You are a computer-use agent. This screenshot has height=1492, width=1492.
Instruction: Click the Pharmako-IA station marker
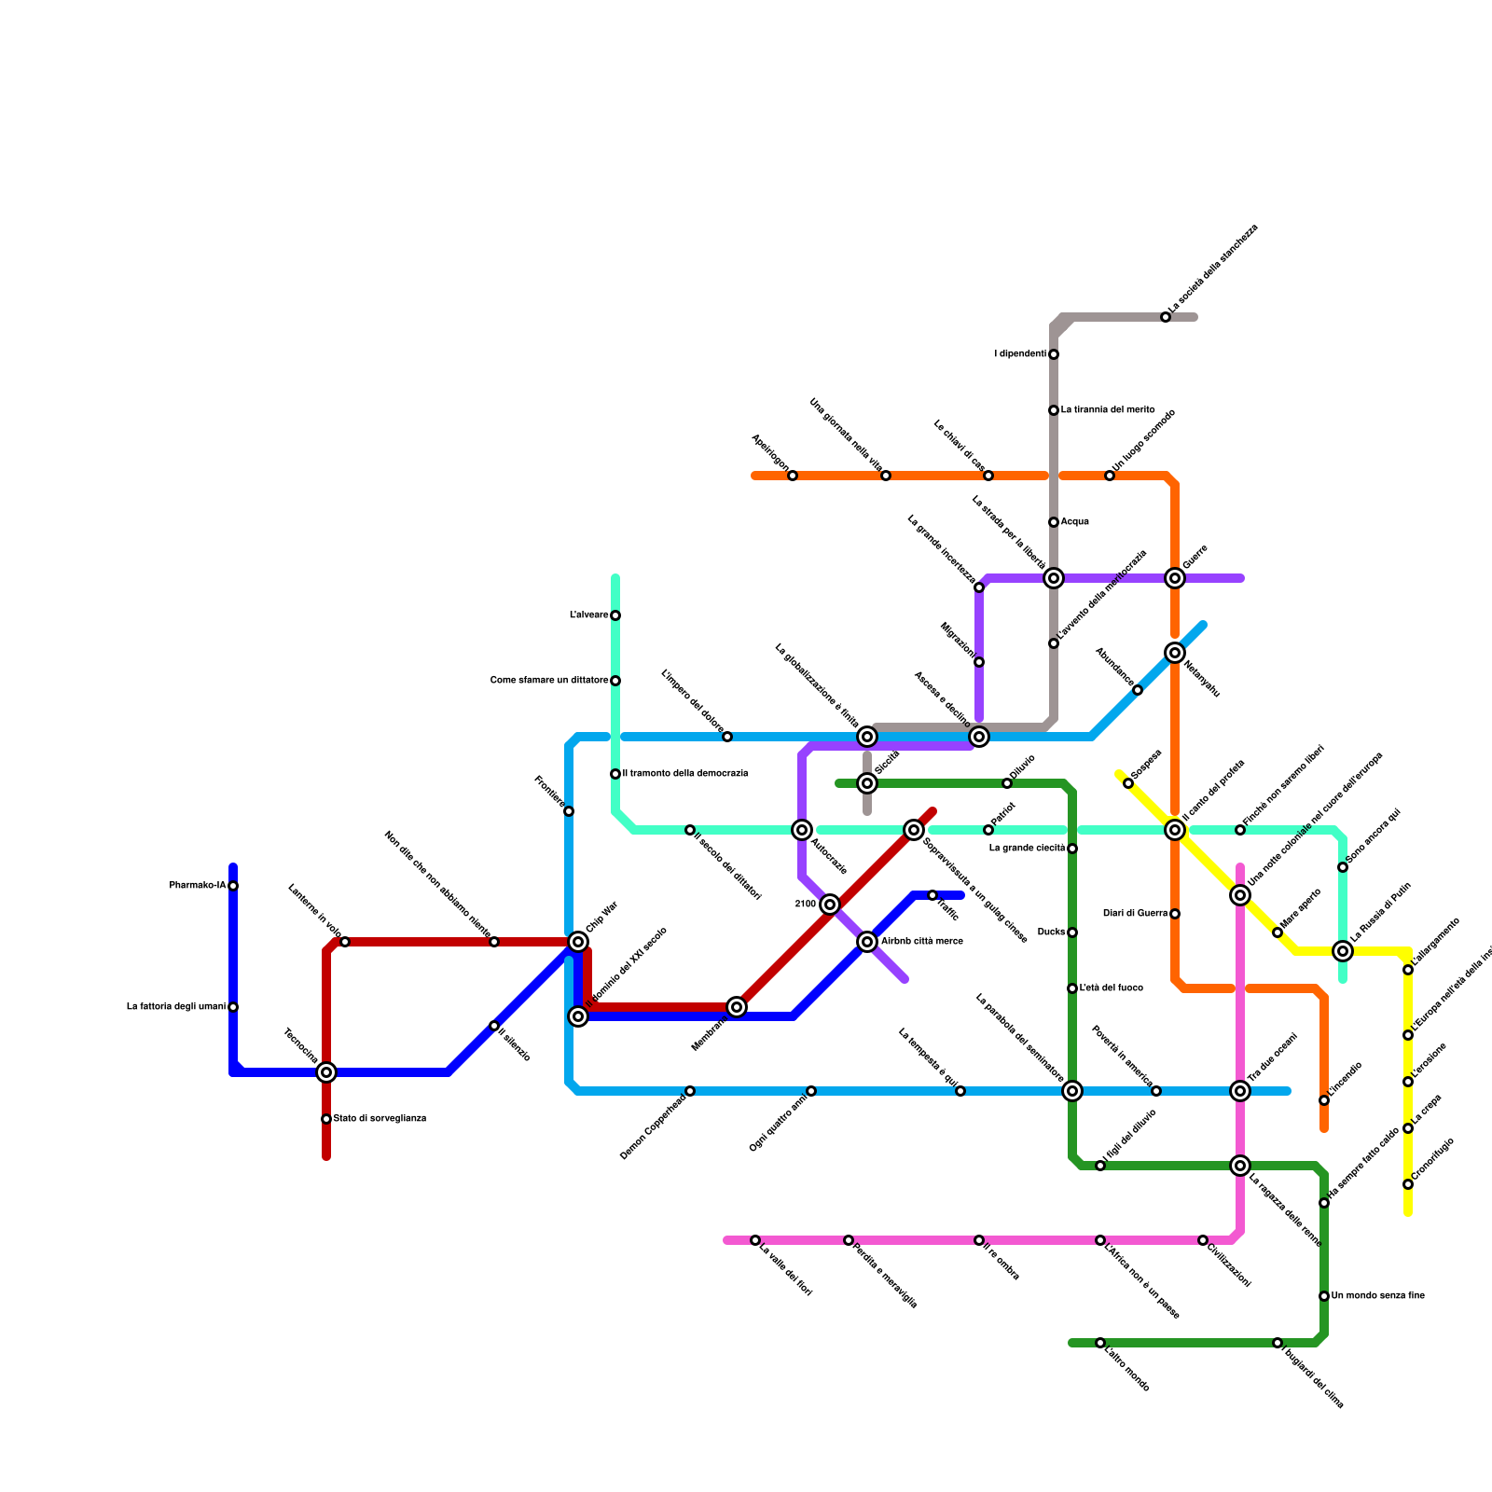click(233, 886)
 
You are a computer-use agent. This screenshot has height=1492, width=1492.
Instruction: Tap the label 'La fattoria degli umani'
click(176, 1007)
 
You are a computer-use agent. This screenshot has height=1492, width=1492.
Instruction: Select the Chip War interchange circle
click(578, 942)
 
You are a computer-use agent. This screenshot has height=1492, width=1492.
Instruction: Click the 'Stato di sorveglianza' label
click(380, 1119)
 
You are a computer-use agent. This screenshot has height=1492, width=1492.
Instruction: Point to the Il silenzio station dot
click(494, 1026)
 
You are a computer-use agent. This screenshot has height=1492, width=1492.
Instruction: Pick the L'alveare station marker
click(615, 615)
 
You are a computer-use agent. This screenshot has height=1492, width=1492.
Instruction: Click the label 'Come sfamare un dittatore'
click(549, 681)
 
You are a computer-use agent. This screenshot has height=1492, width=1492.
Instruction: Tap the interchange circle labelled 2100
click(830, 905)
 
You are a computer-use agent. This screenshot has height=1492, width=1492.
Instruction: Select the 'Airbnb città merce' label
click(921, 942)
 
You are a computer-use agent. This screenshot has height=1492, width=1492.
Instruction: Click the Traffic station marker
click(932, 895)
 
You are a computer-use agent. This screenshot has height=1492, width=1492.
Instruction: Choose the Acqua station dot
click(1054, 522)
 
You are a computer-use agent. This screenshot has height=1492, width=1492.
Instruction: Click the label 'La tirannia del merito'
click(1108, 410)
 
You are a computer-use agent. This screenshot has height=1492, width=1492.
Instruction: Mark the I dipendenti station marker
click(1054, 354)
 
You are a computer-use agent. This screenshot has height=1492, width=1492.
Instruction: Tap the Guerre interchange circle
click(1175, 578)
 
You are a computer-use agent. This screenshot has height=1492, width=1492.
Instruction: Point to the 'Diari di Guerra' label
click(1135, 914)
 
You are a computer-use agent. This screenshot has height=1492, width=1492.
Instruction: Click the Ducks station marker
click(1072, 932)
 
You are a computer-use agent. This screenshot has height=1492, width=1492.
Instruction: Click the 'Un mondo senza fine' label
click(1377, 1296)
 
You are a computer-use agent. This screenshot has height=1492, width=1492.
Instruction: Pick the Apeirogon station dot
click(793, 476)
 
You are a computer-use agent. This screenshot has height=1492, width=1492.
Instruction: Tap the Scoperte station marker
click(1128, 783)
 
